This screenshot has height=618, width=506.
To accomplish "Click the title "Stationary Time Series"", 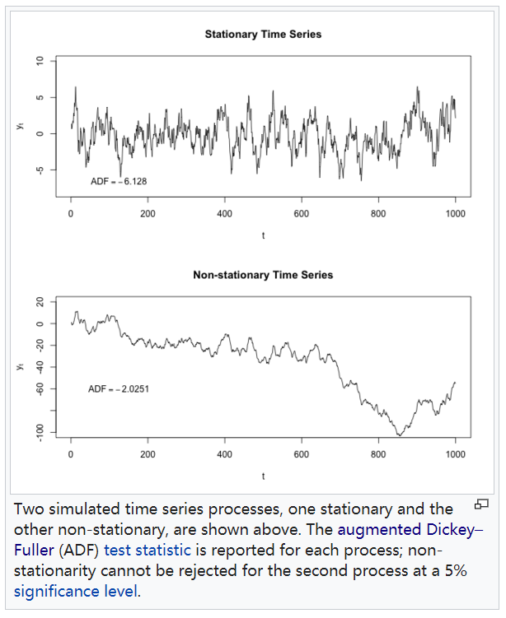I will click(263, 35).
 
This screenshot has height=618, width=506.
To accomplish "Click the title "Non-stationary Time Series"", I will click(263, 275).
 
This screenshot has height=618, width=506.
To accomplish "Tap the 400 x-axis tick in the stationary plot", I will click(224, 214).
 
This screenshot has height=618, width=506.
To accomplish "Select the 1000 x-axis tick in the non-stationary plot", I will click(455, 453).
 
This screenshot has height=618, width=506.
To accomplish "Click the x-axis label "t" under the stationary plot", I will click(263, 236).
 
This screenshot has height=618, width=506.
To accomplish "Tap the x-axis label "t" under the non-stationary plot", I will click(263, 476).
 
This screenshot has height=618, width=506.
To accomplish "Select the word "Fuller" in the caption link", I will click(34, 549).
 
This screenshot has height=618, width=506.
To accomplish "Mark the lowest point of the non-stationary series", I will click(399, 434).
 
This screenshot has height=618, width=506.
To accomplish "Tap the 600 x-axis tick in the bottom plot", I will click(302, 453).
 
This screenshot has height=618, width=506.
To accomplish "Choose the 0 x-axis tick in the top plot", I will click(71, 214).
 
